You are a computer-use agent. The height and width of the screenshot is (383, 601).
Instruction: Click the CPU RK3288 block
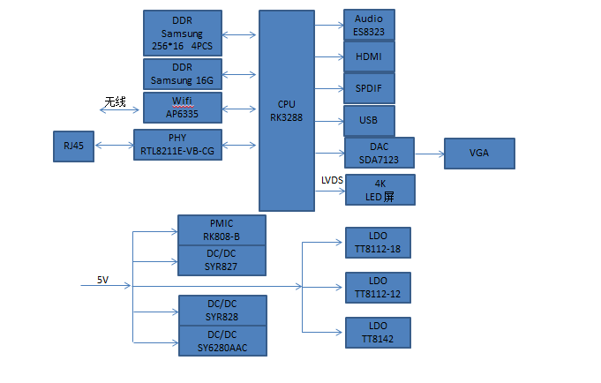pyautogui.click(x=287, y=111)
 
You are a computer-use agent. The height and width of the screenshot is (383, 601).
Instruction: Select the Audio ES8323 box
pyautogui.click(x=369, y=25)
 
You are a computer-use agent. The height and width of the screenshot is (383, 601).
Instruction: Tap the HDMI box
pyautogui.click(x=369, y=56)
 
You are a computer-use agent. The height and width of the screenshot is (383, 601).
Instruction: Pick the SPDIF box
pyautogui.click(x=369, y=88)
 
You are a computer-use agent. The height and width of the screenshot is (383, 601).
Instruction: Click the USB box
pyautogui.click(x=369, y=120)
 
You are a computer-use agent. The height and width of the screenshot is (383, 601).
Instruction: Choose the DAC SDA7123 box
pyautogui.click(x=379, y=154)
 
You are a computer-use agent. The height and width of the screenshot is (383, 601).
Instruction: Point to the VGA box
pyautogui.click(x=479, y=154)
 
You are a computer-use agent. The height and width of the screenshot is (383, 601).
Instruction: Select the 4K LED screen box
pyautogui.click(x=379, y=190)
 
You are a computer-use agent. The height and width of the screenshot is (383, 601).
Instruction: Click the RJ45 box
pyautogui.click(x=74, y=146)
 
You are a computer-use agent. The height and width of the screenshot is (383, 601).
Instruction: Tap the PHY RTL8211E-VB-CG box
pyautogui.click(x=178, y=145)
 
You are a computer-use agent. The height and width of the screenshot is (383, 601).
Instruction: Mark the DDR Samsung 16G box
pyautogui.click(x=182, y=74)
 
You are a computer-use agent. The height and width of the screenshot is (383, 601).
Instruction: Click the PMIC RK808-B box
pyautogui.click(x=222, y=229)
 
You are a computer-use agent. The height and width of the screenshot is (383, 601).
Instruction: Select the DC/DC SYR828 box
pyautogui.click(x=222, y=310)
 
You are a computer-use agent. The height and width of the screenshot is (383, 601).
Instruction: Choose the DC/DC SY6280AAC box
pyautogui.click(x=222, y=341)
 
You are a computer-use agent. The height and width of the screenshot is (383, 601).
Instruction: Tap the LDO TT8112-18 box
pyautogui.click(x=378, y=243)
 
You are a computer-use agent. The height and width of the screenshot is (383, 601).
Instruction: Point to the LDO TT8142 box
pyautogui.click(x=378, y=331)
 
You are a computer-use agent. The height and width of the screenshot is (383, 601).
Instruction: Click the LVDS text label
pyautogui.click(x=333, y=180)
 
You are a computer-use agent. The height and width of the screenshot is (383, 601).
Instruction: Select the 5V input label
pyautogui.click(x=103, y=280)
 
